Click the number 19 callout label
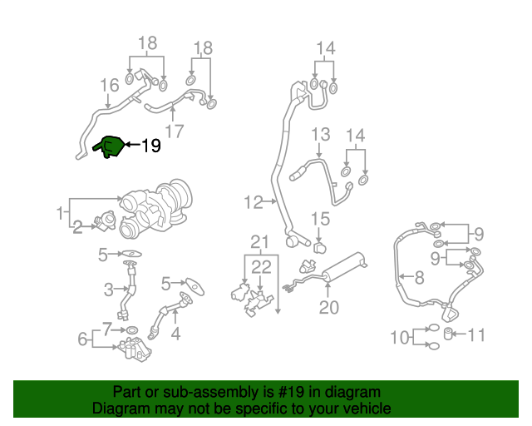150,146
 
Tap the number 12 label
253,201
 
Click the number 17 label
174,131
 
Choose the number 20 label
329,307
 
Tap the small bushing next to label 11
450,334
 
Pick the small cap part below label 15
320,247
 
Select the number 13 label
320,135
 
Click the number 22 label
261,266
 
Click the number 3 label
108,290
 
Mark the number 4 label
175,335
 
